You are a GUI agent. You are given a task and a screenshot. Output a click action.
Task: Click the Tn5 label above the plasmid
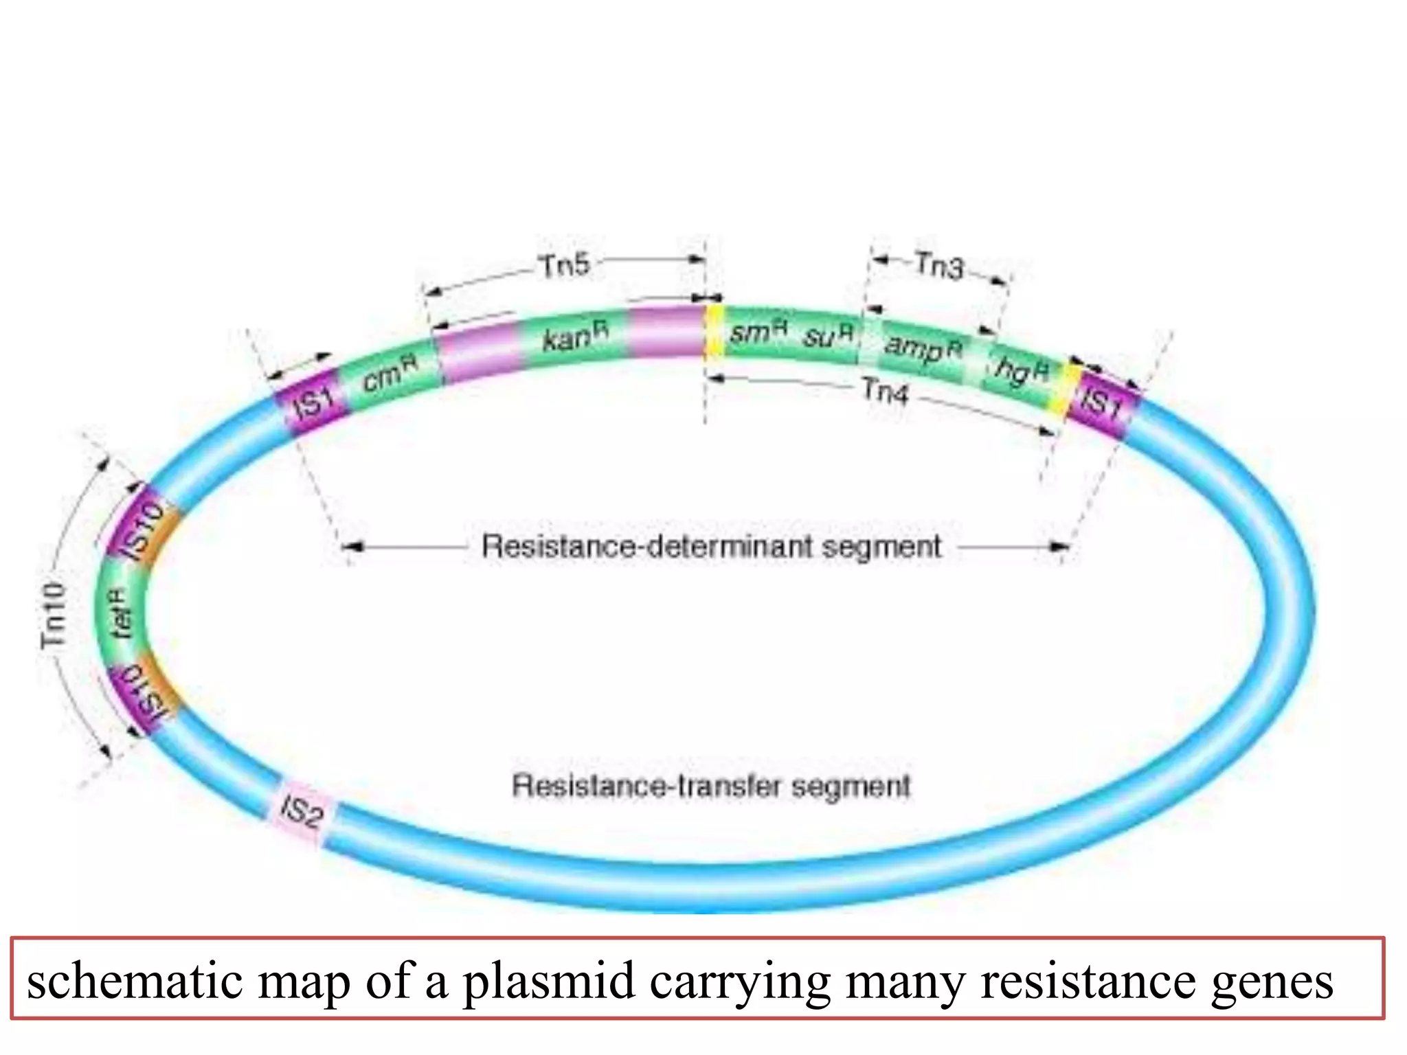[x=564, y=266]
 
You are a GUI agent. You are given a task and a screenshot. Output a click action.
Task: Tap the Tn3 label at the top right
[x=939, y=266]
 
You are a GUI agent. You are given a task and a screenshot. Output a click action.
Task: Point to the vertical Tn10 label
[x=54, y=615]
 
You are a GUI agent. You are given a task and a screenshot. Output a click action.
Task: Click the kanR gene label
[x=575, y=337]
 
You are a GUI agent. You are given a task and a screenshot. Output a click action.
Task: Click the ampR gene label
[x=923, y=346]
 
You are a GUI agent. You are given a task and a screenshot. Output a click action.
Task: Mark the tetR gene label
[x=122, y=613]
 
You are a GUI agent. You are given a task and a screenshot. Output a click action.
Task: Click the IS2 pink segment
[x=301, y=813]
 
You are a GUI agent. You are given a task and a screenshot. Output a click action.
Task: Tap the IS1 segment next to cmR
[x=313, y=402]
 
